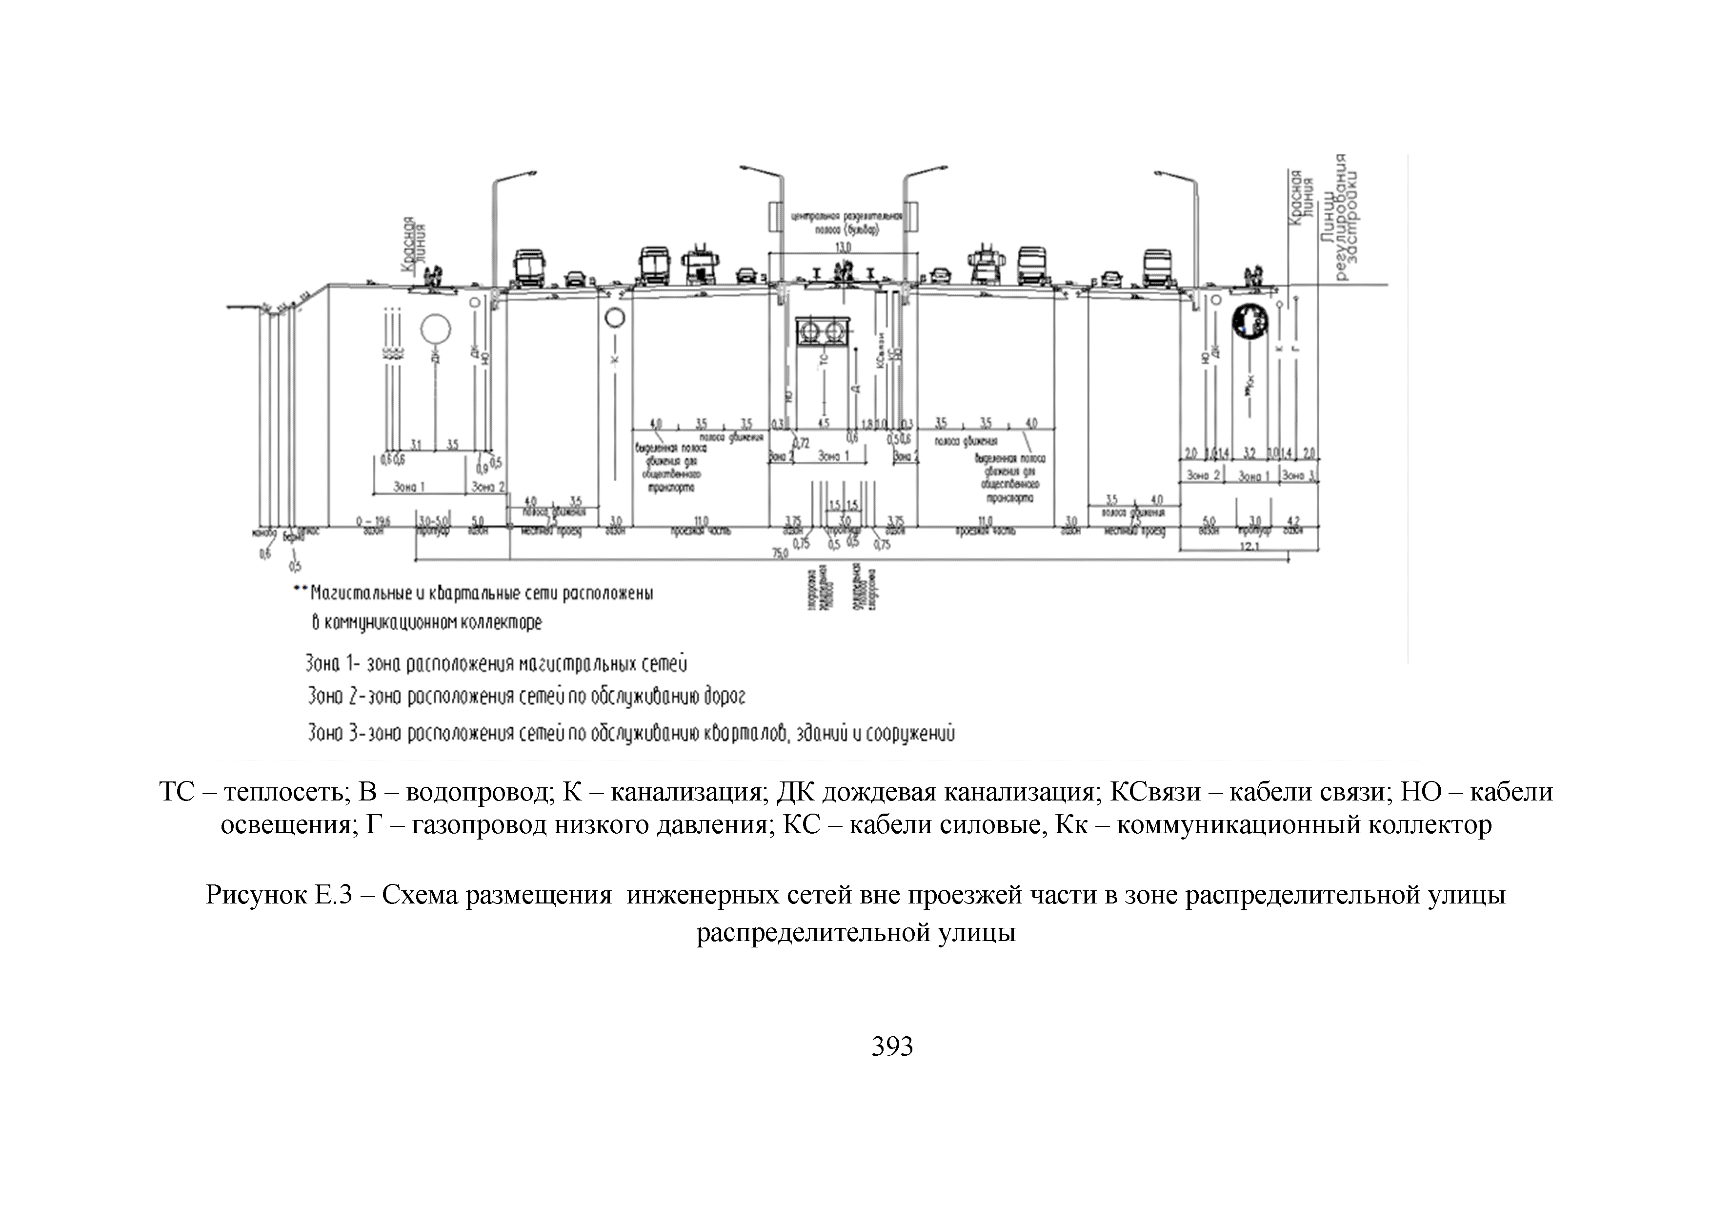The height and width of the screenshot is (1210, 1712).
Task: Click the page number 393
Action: [892, 1046]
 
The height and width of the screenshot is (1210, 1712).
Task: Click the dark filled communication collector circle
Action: [1249, 322]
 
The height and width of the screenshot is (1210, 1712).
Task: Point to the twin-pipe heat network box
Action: [823, 331]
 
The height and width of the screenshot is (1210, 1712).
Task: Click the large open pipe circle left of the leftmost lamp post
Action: [435, 328]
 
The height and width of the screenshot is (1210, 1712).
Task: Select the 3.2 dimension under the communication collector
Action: [1249, 453]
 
